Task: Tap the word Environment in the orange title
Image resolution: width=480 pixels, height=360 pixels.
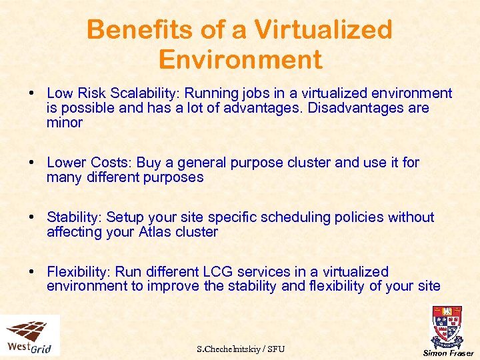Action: point(240,60)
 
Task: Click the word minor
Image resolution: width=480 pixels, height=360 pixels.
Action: point(65,123)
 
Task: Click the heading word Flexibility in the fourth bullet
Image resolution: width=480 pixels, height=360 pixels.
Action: point(78,272)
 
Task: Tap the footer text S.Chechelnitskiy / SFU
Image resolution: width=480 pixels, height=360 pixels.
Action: point(240,349)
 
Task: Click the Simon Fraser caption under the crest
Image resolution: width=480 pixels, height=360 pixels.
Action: point(449,353)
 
